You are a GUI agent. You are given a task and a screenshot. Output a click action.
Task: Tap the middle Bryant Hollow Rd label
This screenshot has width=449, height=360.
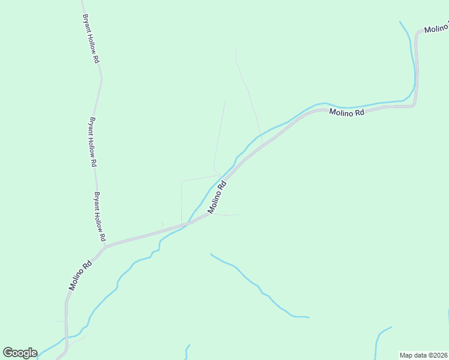pyautogui.click(x=92, y=142)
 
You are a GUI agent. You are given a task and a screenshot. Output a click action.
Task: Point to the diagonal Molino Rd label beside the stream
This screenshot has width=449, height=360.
pyautogui.click(x=217, y=197)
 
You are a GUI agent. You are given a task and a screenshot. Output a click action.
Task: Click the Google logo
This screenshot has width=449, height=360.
pyautogui.click(x=20, y=353)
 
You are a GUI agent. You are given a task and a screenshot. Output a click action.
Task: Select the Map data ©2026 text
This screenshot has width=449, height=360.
pyautogui.click(x=424, y=355)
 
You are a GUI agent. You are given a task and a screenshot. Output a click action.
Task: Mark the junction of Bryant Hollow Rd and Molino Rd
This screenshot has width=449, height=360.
pyautogui.click(x=105, y=245)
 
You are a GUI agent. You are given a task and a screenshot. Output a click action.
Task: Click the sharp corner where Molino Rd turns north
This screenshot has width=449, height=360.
pyautogui.click(x=414, y=105)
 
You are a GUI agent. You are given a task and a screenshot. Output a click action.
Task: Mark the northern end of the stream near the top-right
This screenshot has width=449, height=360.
pyautogui.click(x=400, y=22)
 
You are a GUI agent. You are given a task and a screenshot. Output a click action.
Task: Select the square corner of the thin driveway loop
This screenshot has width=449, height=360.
pyautogui.click(x=181, y=181)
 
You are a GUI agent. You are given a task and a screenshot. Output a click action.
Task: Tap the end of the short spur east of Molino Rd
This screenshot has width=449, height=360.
pyautogui.click(x=241, y=214)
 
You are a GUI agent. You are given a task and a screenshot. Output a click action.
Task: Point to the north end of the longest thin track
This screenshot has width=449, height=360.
pyautogui.click(x=236, y=47)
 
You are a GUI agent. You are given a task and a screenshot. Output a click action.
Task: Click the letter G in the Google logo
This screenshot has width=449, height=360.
pyautogui.click(x=8, y=353)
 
